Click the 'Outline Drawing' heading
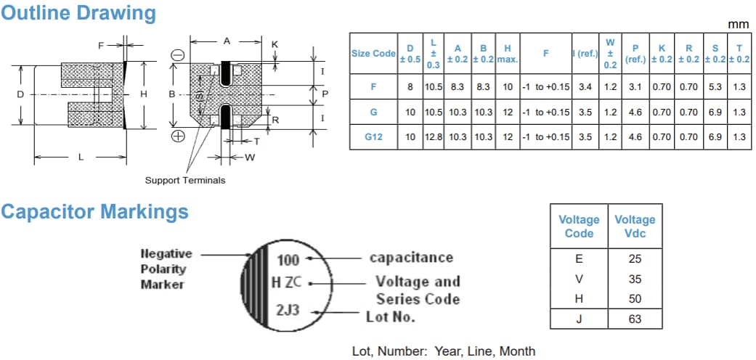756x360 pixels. pyautogui.click(x=78, y=13)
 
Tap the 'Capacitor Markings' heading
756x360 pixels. pyautogui.click(x=94, y=212)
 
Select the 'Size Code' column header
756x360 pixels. pyautogui.click(x=373, y=53)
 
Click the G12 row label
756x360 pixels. pyautogui.click(x=373, y=136)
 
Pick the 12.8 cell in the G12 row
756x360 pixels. pyautogui.click(x=434, y=136)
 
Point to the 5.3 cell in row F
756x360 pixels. pyautogui.click(x=715, y=86)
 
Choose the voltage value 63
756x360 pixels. pyautogui.click(x=635, y=319)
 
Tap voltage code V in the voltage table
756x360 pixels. pyautogui.click(x=579, y=279)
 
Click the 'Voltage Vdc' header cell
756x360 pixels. pyautogui.click(x=635, y=226)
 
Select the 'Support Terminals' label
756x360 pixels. pyautogui.click(x=185, y=180)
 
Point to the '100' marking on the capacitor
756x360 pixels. pyautogui.click(x=288, y=260)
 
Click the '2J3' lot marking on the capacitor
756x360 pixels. pyautogui.click(x=287, y=311)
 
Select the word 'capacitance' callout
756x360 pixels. pyautogui.click(x=411, y=258)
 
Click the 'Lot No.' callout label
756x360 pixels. pyautogui.click(x=391, y=316)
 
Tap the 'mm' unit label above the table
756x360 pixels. pyautogui.click(x=738, y=24)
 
